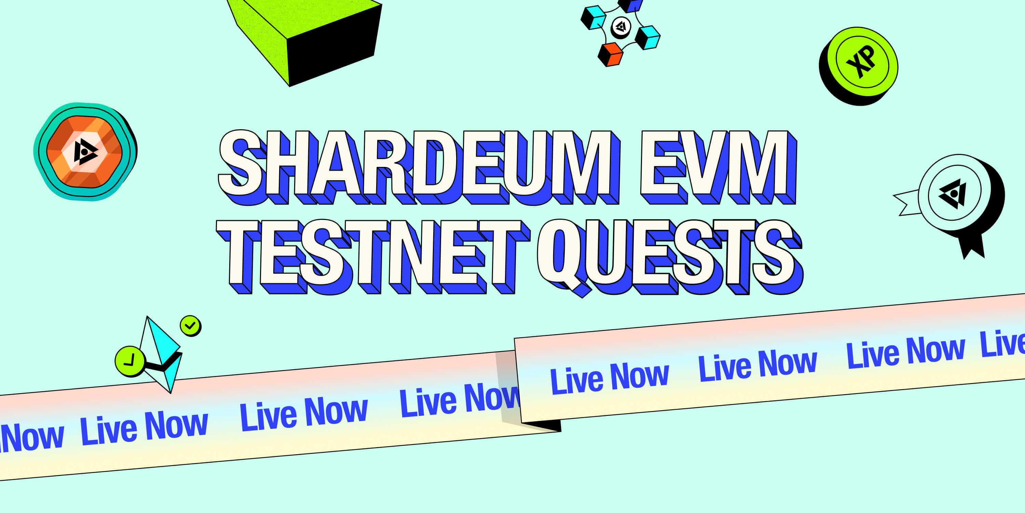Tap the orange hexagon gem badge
[84, 152]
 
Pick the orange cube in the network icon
[610, 55]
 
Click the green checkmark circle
[190, 326]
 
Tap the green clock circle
[130, 361]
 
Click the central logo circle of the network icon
[621, 27]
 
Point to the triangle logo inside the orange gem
[84, 152]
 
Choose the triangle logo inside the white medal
[953, 194]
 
